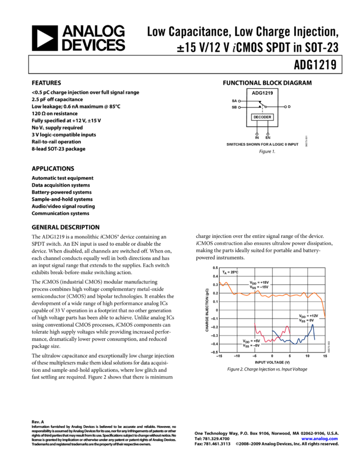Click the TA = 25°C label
point(230,272)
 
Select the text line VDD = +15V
point(259,282)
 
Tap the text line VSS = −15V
point(259,287)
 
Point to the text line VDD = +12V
point(308,316)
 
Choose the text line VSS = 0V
point(306,320)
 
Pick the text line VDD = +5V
point(252,340)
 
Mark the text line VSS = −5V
point(252,345)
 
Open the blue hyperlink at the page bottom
point(319,439)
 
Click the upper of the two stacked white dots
point(239,101)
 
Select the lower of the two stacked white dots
point(239,107)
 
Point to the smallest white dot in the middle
point(266,107)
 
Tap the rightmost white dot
point(285,107)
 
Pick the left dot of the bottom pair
point(257,134)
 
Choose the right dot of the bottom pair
point(268,134)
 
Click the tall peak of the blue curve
point(312,327)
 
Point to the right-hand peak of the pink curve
point(287,328)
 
